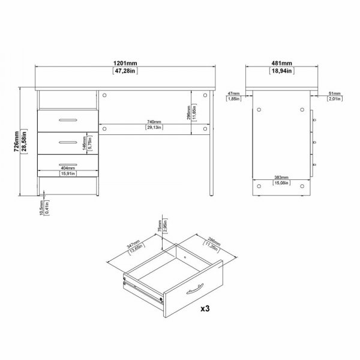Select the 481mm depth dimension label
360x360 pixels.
(x=281, y=62)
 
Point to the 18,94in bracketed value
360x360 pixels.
(x=281, y=71)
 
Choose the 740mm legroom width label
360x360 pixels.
(x=155, y=121)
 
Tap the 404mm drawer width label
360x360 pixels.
(x=67, y=169)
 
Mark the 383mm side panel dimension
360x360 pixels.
(x=281, y=178)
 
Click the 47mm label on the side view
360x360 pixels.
(x=234, y=94)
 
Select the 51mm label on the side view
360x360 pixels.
(x=334, y=94)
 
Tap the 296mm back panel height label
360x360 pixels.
(x=187, y=111)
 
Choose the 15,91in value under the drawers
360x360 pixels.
(x=67, y=175)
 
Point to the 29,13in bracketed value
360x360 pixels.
(x=155, y=127)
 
